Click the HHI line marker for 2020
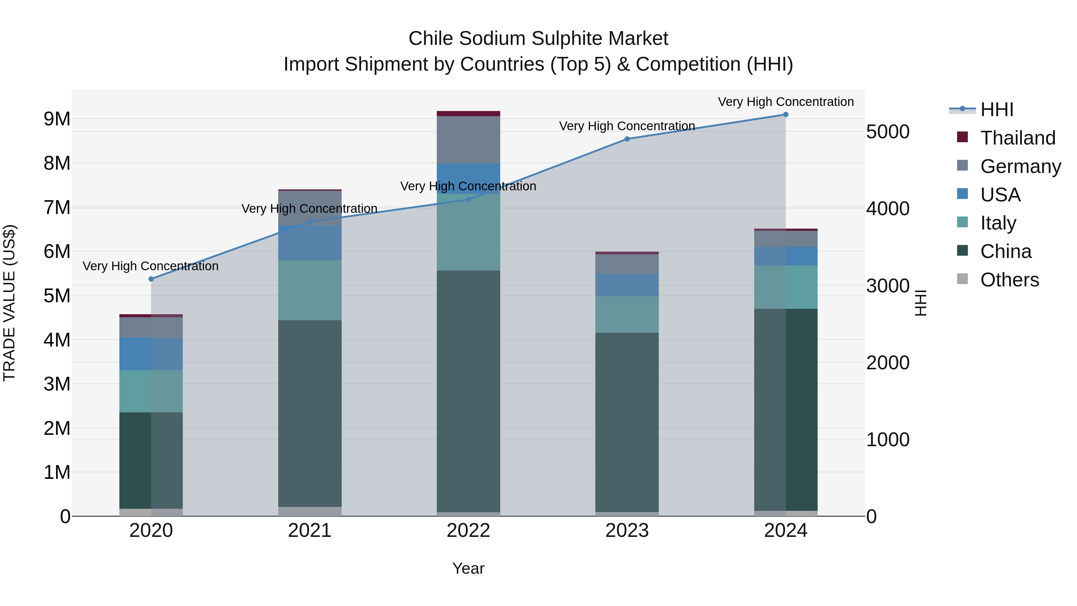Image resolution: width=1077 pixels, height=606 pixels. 151,279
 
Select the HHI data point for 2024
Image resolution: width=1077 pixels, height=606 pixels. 786,115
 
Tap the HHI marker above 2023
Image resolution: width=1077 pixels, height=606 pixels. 627,139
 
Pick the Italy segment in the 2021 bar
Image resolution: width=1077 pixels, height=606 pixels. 310,290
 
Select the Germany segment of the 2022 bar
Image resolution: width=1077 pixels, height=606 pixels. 468,140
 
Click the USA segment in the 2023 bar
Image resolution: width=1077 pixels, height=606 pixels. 627,285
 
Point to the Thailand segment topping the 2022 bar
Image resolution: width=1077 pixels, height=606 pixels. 468,114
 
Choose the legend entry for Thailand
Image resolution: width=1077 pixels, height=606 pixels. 1018,138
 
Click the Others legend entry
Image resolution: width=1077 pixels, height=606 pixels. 1009,280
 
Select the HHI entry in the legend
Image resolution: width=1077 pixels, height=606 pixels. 997,110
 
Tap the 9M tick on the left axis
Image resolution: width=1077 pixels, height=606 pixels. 57,119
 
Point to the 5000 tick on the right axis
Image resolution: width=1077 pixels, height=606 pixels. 887,132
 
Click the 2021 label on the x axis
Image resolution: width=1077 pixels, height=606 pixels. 310,531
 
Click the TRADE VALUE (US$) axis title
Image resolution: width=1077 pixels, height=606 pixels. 9,303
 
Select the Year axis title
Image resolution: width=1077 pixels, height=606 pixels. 468,568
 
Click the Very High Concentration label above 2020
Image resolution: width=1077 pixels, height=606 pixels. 150,266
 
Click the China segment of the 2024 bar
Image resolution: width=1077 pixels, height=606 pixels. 786,410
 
